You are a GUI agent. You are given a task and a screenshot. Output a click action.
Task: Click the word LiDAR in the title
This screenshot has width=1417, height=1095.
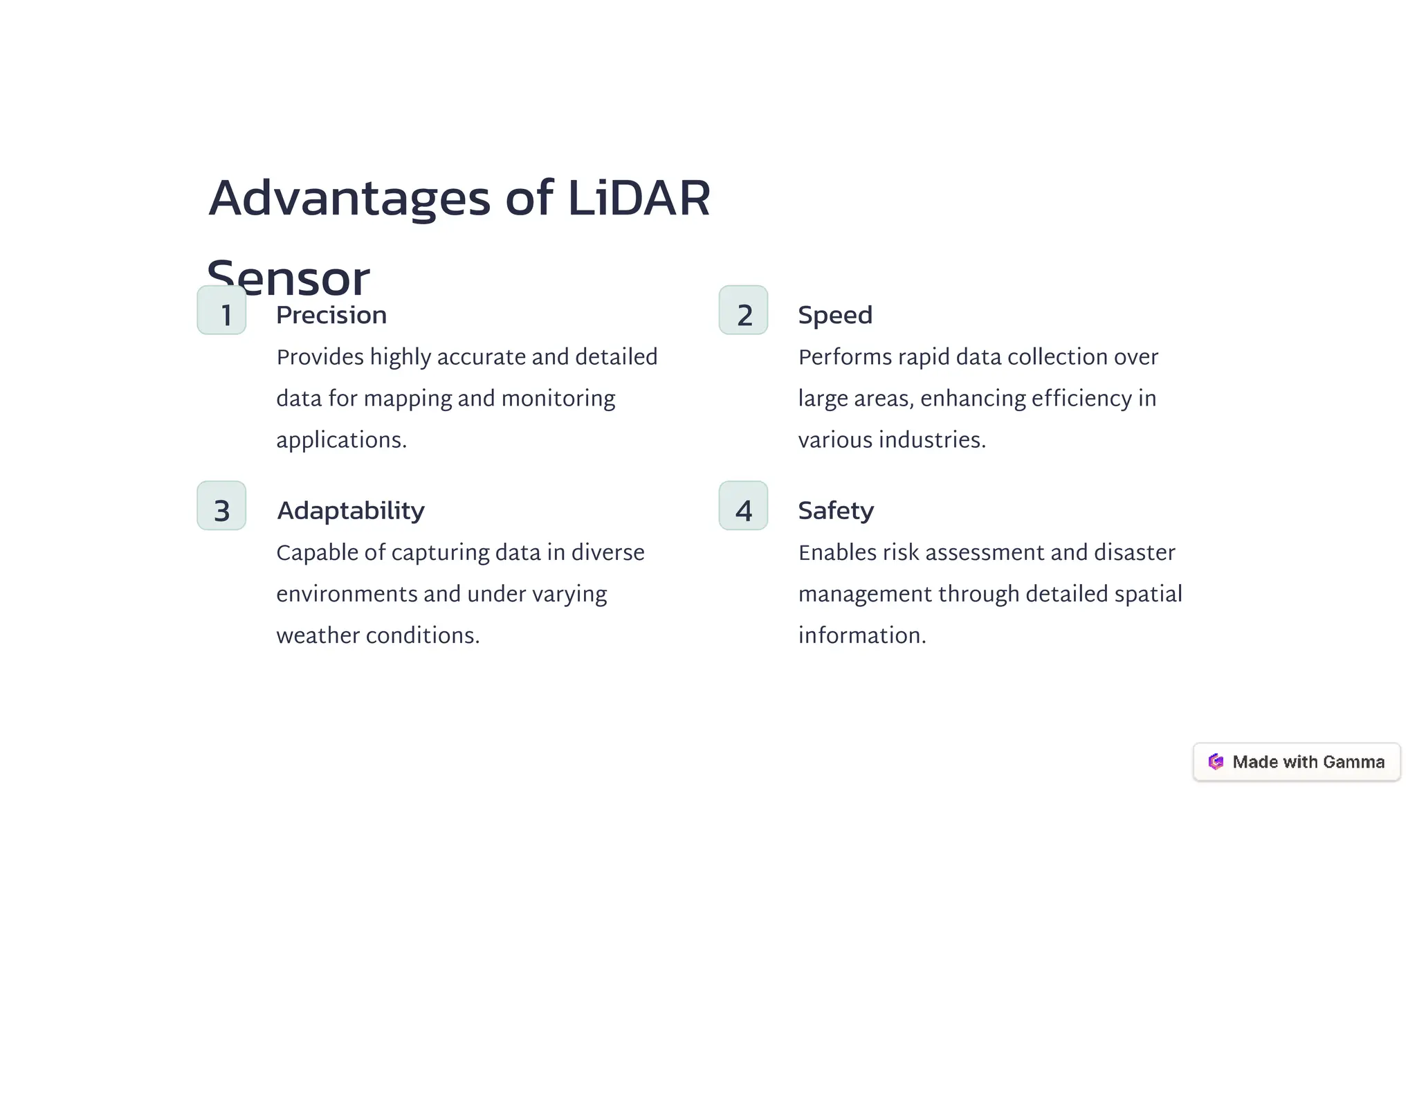pyautogui.click(x=638, y=199)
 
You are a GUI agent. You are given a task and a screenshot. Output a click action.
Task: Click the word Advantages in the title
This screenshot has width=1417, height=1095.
pyautogui.click(x=349, y=199)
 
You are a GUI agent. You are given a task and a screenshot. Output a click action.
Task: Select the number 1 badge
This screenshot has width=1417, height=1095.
pyautogui.click(x=221, y=311)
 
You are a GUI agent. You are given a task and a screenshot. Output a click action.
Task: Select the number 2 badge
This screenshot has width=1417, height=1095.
pyautogui.click(x=743, y=311)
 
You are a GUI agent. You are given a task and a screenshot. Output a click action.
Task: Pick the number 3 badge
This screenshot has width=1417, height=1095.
pyautogui.click(x=221, y=506)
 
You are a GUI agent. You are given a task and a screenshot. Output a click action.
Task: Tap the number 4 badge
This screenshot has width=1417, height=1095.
pyautogui.click(x=743, y=506)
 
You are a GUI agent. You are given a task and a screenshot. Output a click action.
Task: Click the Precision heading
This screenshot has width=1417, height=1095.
pyautogui.click(x=331, y=316)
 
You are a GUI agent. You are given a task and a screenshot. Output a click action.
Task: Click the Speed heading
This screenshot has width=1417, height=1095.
pyautogui.click(x=834, y=316)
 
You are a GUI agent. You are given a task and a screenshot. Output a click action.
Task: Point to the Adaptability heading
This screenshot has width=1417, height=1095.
pyautogui.click(x=350, y=511)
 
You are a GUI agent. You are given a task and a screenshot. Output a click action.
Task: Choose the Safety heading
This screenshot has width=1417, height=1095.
pyautogui.click(x=835, y=511)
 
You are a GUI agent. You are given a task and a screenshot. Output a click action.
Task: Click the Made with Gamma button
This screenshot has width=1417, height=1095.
pyautogui.click(x=1296, y=762)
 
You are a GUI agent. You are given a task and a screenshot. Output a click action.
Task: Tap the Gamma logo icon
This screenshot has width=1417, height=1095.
pyautogui.click(x=1215, y=762)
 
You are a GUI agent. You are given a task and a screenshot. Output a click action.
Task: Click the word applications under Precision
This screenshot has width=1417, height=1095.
pyautogui.click(x=341, y=440)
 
